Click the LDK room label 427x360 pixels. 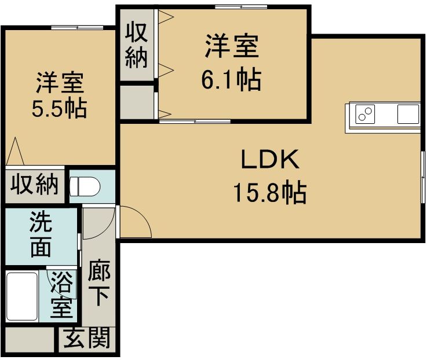[x=270, y=159]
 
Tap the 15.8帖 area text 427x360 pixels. [x=270, y=193]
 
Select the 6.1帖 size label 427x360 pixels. [x=231, y=79]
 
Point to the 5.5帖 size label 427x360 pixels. [x=59, y=108]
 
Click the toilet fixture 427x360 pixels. [x=85, y=186]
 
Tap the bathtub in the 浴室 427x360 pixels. [x=22, y=296]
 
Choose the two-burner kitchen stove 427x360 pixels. [x=365, y=114]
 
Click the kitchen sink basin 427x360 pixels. [x=408, y=114]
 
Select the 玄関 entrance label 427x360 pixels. [x=87, y=338]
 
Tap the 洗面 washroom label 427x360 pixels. [x=41, y=234]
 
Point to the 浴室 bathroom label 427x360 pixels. [x=62, y=295]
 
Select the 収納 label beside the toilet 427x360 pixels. [x=35, y=184]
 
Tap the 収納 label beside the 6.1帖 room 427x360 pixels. [x=136, y=45]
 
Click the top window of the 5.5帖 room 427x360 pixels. [x=77, y=27]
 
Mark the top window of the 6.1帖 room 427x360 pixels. [x=241, y=6]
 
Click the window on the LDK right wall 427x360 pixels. [x=423, y=177]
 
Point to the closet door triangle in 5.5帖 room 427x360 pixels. [x=15, y=151]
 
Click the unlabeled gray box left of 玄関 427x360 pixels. [x=30, y=340]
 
